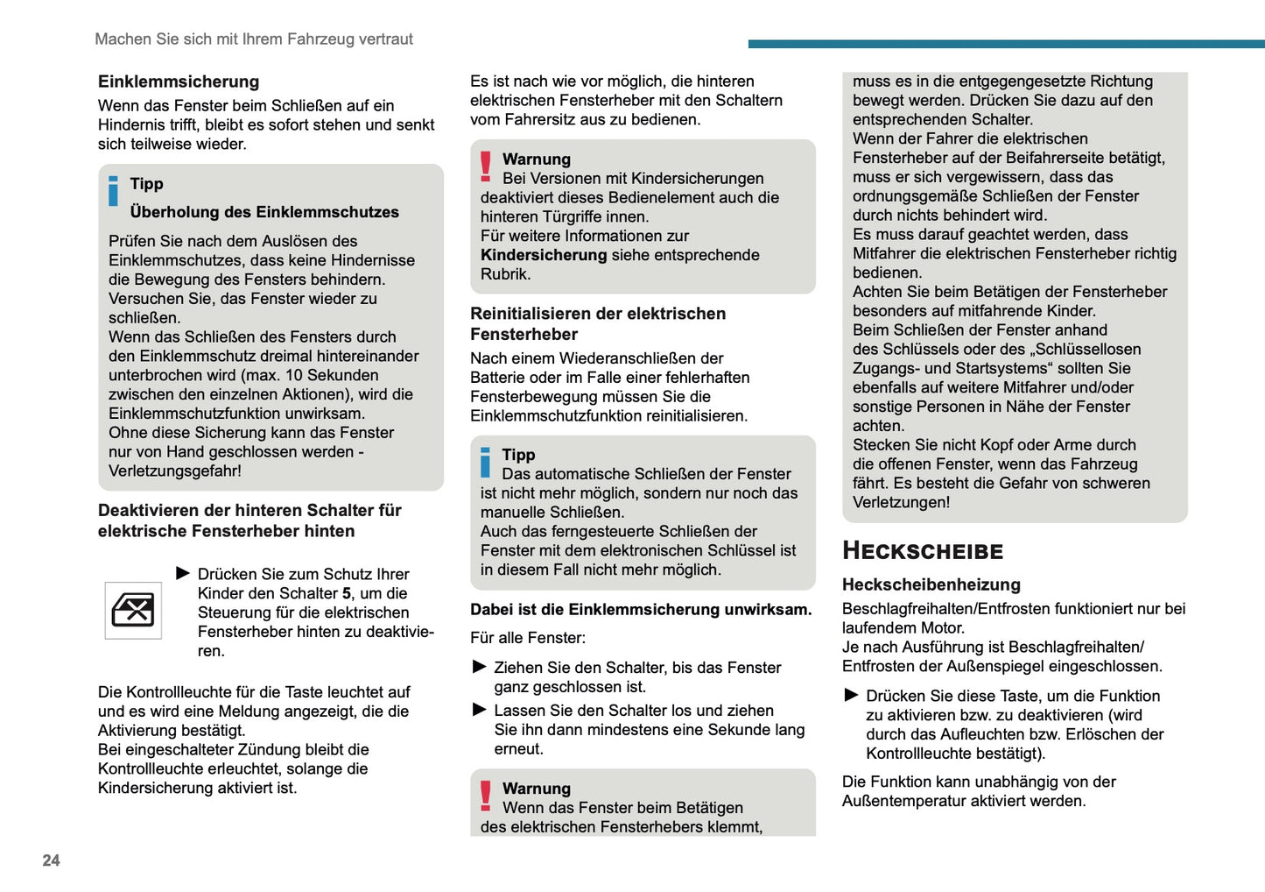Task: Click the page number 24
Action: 51,860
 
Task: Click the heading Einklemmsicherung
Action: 179,81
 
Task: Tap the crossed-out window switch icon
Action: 133,610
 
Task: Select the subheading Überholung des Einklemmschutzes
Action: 264,212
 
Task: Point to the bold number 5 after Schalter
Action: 347,593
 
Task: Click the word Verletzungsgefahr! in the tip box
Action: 175,471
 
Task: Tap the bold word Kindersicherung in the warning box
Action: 543,255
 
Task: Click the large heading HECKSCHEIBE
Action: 923,551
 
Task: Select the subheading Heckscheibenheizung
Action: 931,584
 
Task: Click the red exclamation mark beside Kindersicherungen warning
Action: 486,166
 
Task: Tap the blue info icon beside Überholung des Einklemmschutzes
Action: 113,191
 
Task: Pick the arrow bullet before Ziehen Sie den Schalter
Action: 479,667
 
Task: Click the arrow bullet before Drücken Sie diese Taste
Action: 851,695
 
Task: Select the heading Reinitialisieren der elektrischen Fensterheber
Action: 598,323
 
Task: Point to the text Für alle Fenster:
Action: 528,638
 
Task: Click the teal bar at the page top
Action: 1006,43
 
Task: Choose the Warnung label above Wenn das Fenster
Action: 536,789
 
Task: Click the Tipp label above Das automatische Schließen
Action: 518,455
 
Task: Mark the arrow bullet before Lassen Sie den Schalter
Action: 479,710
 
